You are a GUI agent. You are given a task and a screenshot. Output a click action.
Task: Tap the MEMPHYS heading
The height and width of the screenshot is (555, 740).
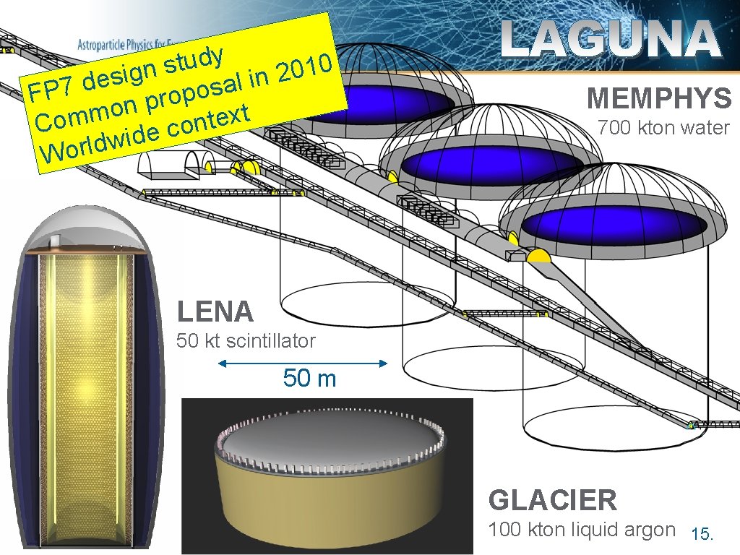coord(658,98)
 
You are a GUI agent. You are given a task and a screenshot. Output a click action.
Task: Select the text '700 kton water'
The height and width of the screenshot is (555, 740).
coord(663,129)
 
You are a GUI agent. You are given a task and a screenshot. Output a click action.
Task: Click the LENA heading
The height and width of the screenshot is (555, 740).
coord(215,311)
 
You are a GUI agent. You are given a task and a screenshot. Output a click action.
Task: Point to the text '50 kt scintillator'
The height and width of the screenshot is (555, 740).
coord(246,341)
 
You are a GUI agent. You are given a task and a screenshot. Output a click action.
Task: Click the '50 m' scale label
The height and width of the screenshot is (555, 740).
coord(309,378)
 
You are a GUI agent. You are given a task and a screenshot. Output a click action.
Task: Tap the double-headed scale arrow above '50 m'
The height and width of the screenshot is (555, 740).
coord(302,363)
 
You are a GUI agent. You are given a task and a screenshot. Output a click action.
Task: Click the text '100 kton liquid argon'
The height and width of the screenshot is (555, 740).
coord(581,530)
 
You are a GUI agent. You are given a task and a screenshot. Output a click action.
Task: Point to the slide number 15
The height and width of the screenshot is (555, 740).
coord(702,535)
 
